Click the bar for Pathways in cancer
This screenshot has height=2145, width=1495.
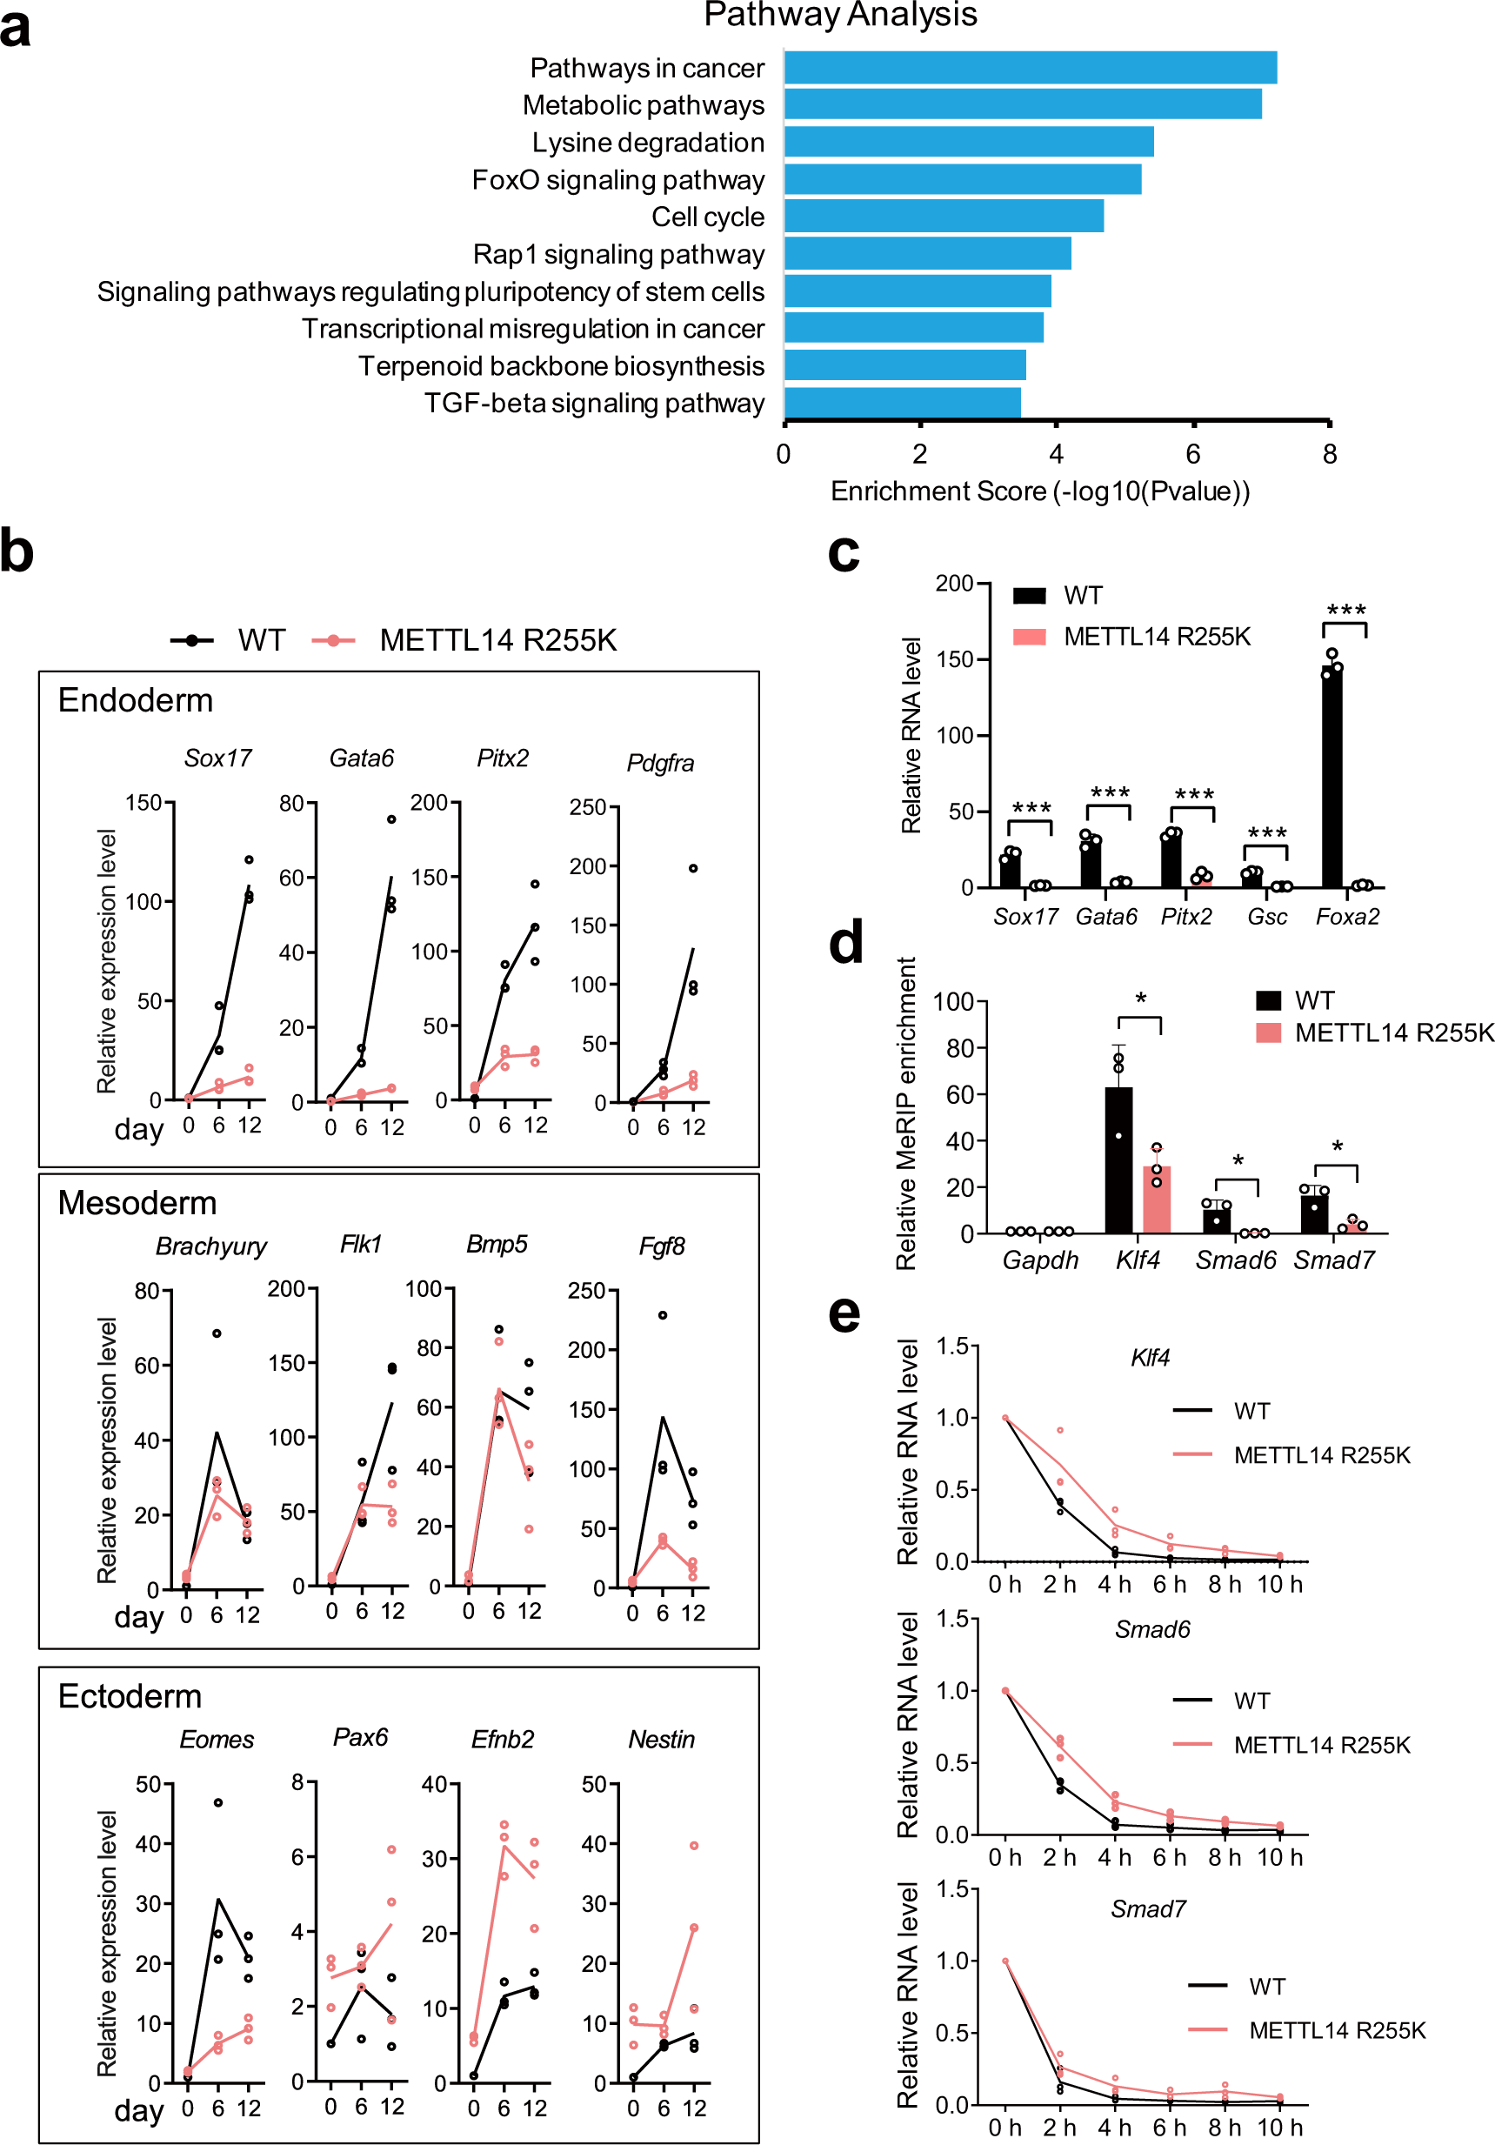(1030, 68)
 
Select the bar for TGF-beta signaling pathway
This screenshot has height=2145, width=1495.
(902, 403)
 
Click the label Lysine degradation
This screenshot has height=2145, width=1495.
(648, 143)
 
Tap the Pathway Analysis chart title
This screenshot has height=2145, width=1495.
(840, 15)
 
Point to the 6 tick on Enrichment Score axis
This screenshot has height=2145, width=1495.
(1192, 454)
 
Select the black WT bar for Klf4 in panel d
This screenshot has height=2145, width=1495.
(1118, 1160)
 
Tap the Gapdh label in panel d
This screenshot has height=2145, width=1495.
(1040, 1260)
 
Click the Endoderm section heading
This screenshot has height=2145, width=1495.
(136, 701)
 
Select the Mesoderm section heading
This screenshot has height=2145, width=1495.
(137, 1203)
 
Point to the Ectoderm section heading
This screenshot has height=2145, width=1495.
(130, 1696)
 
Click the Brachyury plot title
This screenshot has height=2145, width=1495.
(211, 1246)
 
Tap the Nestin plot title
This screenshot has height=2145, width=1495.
(662, 1740)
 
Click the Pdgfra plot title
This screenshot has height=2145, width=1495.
(660, 763)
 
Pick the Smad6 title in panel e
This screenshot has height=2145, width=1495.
(1152, 1629)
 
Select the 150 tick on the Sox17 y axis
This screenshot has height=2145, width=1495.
(143, 803)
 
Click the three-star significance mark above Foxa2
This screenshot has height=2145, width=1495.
(1345, 611)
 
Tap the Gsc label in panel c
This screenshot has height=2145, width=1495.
(1266, 917)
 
